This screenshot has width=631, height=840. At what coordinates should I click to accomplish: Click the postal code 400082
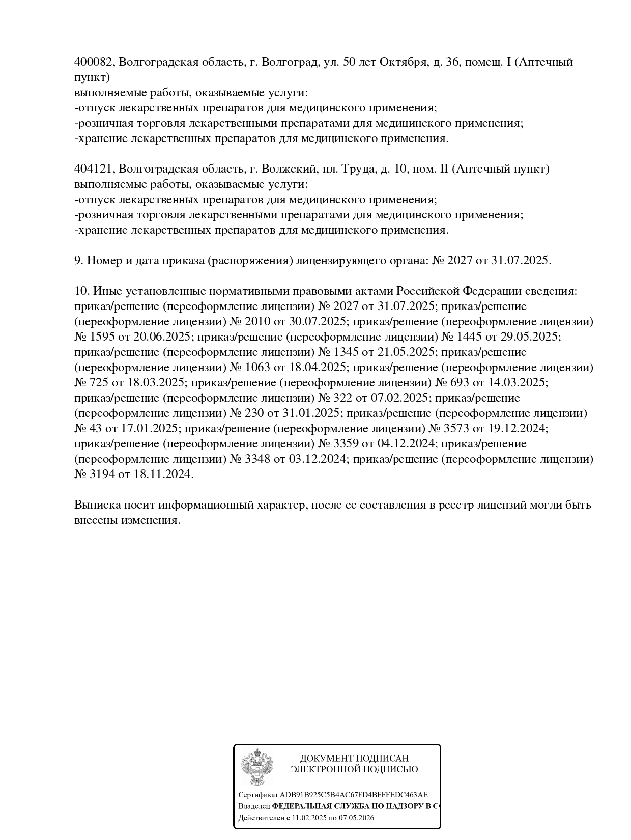[94, 62]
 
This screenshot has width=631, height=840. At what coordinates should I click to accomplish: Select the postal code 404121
[94, 169]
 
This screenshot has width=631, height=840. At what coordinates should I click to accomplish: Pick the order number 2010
[258, 322]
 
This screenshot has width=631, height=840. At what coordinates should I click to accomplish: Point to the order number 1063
[258, 368]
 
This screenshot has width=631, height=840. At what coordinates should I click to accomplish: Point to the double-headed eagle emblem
[257, 767]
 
